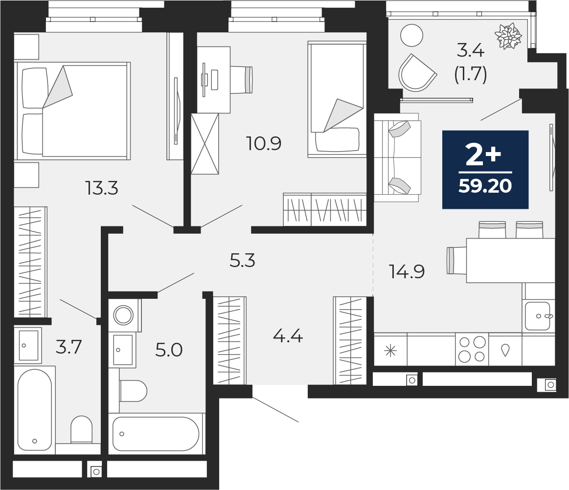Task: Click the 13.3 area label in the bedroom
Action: tap(101, 188)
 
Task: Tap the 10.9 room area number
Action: tap(264, 143)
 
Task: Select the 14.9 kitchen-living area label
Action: tap(407, 271)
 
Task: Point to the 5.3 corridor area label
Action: tap(242, 261)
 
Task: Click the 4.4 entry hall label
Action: tap(288, 336)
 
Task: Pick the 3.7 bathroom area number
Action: tap(69, 347)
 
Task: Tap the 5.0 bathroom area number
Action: tap(169, 350)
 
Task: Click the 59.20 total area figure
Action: tap(485, 186)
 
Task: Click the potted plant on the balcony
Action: tap(508, 36)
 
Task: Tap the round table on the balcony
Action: tap(412, 35)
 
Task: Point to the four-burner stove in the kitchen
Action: tap(472, 350)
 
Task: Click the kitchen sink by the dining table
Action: tap(539, 316)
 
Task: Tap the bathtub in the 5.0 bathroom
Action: tap(156, 434)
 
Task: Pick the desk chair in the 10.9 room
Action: tap(241, 79)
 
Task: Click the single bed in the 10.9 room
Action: tap(337, 99)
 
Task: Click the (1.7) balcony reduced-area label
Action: tap(470, 74)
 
